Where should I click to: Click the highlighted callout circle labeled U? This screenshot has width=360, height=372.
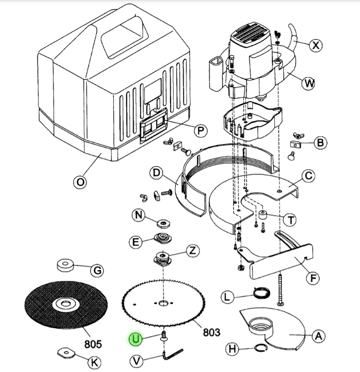click(x=136, y=340)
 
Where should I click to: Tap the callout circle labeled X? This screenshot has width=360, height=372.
click(x=315, y=45)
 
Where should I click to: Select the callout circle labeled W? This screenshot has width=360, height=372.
click(x=309, y=83)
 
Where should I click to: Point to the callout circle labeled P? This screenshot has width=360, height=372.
click(x=200, y=130)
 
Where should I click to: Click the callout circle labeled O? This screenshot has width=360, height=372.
click(x=79, y=182)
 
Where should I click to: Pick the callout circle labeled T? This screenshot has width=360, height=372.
click(x=289, y=219)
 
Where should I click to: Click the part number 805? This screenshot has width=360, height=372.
click(x=93, y=344)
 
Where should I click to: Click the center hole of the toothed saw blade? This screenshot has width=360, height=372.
click(x=163, y=303)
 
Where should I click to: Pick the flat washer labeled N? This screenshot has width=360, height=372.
click(x=163, y=223)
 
